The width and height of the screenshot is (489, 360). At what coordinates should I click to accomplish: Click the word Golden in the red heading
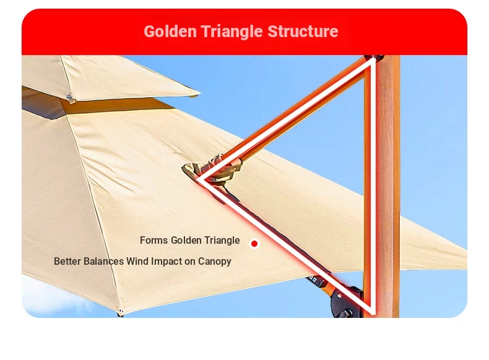pos(170,32)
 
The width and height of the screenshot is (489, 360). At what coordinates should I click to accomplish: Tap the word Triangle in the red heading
pos(232,32)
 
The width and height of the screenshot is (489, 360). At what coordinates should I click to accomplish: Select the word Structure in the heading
pos(303,32)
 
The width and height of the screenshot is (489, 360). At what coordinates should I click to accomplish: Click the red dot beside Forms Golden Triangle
pos(254,244)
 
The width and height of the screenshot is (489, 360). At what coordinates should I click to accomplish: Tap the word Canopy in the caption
pos(215,262)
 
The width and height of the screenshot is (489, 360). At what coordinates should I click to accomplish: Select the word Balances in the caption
pos(103,261)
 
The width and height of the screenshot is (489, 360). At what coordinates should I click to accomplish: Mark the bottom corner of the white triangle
pos(373,313)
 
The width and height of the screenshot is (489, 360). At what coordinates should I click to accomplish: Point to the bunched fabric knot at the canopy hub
pos(212,171)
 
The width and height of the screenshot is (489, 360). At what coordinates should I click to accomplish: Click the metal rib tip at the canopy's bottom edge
pos(121,311)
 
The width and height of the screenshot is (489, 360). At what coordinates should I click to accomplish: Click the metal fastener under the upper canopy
pos(71,98)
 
